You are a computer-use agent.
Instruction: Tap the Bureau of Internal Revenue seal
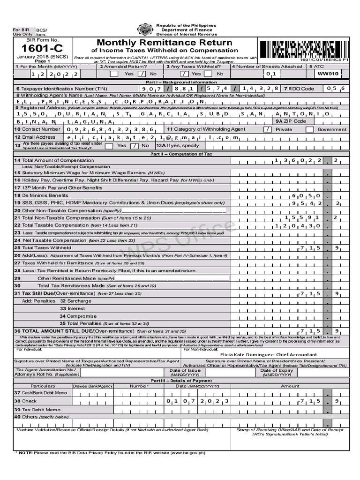tap(143, 30)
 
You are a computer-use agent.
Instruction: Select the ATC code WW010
tap(328, 74)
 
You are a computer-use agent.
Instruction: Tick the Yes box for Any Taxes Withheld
tap(184, 74)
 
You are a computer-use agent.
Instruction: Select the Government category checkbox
tap(309, 129)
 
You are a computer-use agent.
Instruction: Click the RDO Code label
tap(300, 88)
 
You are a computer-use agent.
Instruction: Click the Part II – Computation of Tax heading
tap(181, 154)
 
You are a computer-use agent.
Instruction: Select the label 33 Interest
tap(72, 308)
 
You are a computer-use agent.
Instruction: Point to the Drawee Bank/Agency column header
tap(93, 386)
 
